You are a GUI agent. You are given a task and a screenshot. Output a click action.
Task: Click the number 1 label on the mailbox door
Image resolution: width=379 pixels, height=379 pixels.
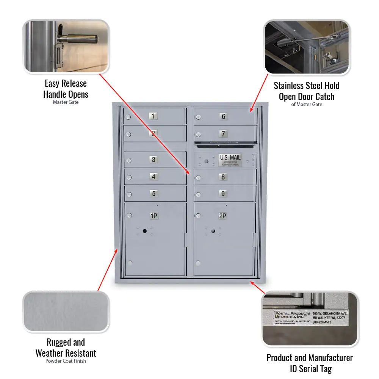point(153,116)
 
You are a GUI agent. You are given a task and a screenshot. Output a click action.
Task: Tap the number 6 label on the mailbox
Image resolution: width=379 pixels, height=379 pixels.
point(223,117)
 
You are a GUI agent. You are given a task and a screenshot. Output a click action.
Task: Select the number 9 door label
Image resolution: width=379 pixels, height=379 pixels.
point(223,194)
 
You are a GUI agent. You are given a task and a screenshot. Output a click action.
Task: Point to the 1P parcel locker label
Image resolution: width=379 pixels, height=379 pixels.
point(153,216)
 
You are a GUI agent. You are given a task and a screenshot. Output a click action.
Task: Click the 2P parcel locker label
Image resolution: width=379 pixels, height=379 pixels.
point(223,216)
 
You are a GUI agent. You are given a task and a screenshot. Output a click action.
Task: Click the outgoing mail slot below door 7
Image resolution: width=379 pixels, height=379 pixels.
point(225,145)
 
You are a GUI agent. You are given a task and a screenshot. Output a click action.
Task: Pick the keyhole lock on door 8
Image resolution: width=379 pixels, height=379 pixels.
point(198,178)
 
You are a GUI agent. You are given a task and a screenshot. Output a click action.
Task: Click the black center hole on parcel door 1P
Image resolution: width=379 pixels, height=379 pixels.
point(144,231)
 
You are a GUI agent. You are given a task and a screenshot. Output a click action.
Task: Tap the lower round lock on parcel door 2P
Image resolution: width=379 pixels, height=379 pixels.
point(198,263)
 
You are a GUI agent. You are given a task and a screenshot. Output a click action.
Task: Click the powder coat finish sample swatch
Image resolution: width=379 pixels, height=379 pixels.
point(66,312)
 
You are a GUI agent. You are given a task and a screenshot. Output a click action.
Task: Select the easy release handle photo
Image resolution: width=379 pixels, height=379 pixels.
point(66,46)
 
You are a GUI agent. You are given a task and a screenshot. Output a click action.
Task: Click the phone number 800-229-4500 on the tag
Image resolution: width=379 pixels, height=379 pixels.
point(321,322)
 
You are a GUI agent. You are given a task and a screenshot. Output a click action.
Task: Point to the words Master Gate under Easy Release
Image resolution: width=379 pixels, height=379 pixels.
point(66,102)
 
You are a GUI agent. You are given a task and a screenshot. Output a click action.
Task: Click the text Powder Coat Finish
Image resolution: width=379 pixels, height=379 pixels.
point(66,361)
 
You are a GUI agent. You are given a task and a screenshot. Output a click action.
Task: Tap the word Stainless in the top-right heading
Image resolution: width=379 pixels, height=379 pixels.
point(290,86)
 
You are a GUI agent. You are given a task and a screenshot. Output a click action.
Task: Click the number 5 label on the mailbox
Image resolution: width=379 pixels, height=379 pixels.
point(153,194)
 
